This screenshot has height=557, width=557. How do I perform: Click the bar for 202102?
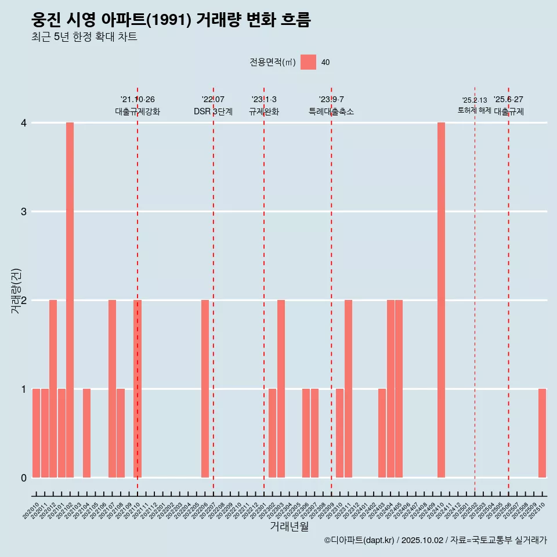pyautogui.click(x=70, y=300)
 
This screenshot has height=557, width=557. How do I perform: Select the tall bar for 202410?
pyautogui.click(x=441, y=300)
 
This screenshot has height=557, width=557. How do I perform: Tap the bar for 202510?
pyautogui.click(x=542, y=433)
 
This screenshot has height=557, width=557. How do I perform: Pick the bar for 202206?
pyautogui.click(x=205, y=389)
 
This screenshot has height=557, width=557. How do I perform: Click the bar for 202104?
pyautogui.click(x=86, y=433)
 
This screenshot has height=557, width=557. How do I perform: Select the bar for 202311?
pyautogui.click(x=348, y=389)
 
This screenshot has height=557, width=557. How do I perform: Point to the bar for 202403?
pyautogui.click(x=382, y=433)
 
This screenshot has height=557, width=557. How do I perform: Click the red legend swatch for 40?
pyautogui.click(x=308, y=62)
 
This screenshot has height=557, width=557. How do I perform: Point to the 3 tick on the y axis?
pyautogui.click(x=23, y=211)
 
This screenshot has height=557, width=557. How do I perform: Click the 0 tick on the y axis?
pyautogui.click(x=23, y=478)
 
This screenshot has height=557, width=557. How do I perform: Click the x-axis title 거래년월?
pyautogui.click(x=289, y=526)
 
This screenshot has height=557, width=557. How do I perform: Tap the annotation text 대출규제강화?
pyautogui.click(x=138, y=111)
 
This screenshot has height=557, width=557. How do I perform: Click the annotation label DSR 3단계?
pyautogui.click(x=213, y=111)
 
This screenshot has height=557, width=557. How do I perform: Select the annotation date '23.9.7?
pyautogui.click(x=331, y=100)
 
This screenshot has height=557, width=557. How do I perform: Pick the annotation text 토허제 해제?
pyautogui.click(x=474, y=110)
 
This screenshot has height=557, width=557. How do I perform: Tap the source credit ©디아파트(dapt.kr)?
pyautogui.click(x=360, y=540)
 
